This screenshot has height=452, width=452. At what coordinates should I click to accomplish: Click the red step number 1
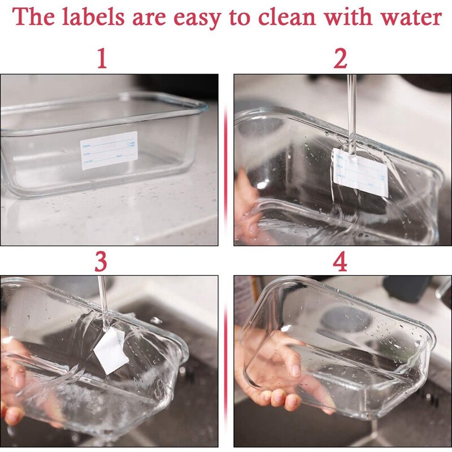pos(102,59)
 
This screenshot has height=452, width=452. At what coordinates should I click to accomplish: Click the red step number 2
pos(340,59)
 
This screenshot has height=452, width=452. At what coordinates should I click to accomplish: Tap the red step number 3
pos(102,262)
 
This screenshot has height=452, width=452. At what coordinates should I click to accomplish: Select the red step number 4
pos(340,262)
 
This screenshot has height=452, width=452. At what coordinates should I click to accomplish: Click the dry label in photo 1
pos(109,151)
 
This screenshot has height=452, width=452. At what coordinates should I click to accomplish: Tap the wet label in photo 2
pos(360,172)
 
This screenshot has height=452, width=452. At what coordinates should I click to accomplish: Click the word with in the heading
pos(346,18)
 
